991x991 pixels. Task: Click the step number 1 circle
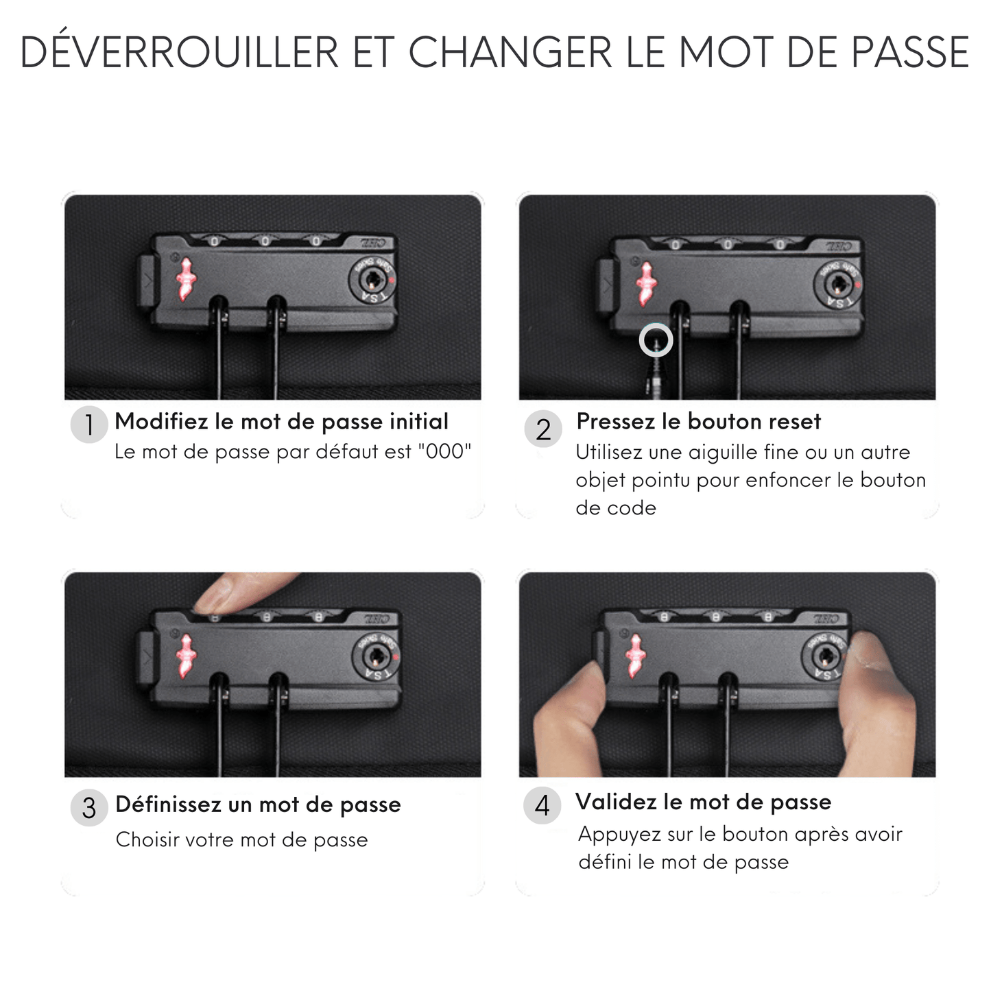pyautogui.click(x=89, y=425)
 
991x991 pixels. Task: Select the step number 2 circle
pyautogui.click(x=543, y=429)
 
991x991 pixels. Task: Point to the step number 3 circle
pyautogui.click(x=89, y=807)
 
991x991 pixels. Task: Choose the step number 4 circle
pyautogui.click(x=542, y=805)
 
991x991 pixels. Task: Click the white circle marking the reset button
pyautogui.click(x=656, y=340)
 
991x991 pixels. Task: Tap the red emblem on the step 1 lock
pyautogui.click(x=186, y=280)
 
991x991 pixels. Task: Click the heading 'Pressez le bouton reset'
pyautogui.click(x=698, y=422)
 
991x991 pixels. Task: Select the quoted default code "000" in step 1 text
pyautogui.click(x=444, y=451)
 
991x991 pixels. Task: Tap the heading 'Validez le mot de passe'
pyautogui.click(x=703, y=802)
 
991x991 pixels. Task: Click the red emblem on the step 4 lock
pyautogui.click(x=636, y=656)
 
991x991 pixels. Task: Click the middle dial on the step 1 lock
pyautogui.click(x=265, y=240)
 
